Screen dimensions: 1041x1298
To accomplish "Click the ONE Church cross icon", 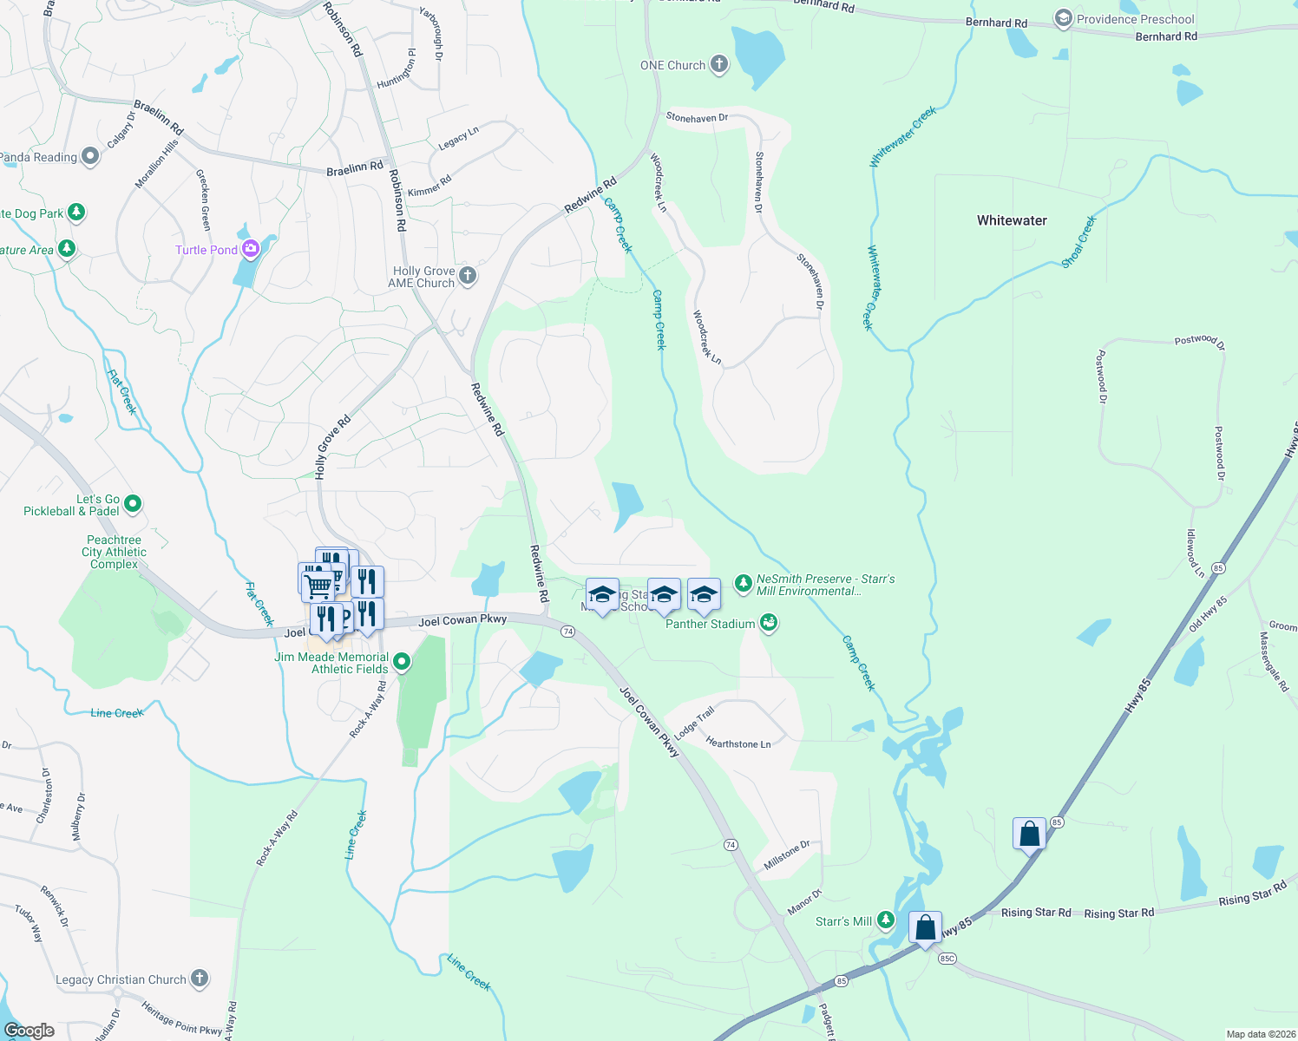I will [719, 64].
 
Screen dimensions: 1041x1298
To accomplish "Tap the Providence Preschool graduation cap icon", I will [1063, 19].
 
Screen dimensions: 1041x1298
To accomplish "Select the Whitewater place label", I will [1012, 220].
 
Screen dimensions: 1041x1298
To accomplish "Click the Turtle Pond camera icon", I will [251, 250].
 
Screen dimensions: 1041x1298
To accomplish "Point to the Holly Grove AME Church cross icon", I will [468, 277].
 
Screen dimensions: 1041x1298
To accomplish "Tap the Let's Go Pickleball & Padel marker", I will [133, 503].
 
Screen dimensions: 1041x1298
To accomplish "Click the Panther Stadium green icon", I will [768, 623].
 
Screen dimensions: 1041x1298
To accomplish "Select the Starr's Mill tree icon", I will [885, 920].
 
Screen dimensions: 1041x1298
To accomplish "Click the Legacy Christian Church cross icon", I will [200, 979].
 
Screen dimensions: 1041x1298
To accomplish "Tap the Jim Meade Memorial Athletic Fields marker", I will [402, 663].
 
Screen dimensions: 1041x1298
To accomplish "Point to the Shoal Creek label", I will [1079, 241].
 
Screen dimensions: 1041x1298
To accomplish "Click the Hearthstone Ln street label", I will [738, 743].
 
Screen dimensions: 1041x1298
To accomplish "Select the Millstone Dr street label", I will [787, 855].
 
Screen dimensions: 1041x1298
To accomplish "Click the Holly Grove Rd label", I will [333, 447].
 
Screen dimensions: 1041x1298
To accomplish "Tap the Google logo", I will [29, 1031].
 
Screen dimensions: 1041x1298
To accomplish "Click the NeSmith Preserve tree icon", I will [743, 583].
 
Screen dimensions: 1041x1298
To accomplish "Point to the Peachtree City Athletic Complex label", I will [115, 552].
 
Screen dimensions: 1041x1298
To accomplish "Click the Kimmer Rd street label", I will [429, 186].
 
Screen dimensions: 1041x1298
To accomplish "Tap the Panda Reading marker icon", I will [90, 156].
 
